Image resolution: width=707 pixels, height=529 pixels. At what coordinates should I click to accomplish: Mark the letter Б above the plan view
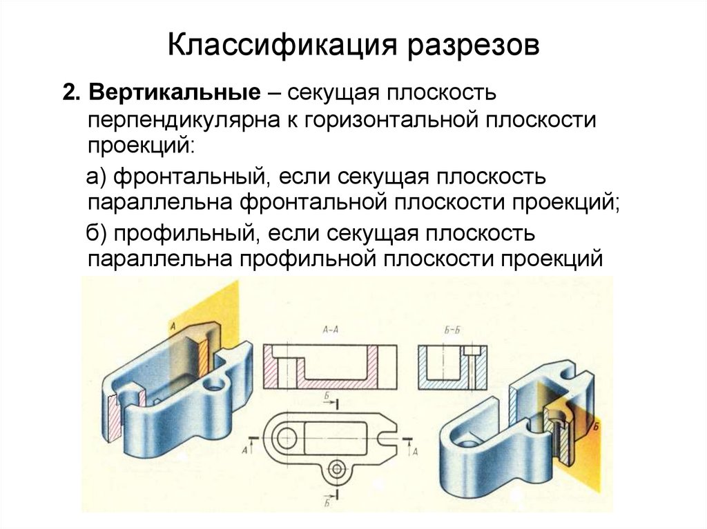click(325, 395)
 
